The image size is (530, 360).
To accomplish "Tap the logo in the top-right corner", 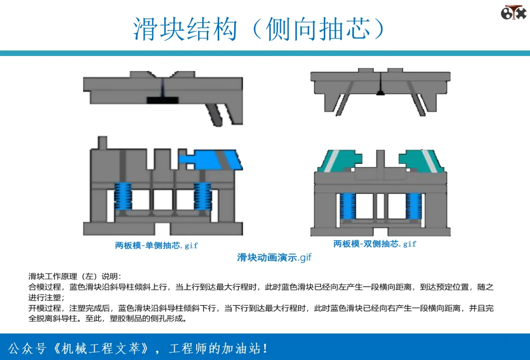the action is pyautogui.click(x=513, y=12).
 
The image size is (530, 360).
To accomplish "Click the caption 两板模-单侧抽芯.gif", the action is pyautogui.click(x=157, y=245).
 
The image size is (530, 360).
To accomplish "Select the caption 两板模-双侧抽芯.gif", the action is pyautogui.click(x=375, y=244).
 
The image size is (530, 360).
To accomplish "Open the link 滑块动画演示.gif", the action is pyautogui.click(x=274, y=257).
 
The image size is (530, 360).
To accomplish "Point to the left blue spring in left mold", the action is pyautogui.click(x=123, y=196).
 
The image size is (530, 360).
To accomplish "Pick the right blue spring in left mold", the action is pyautogui.click(x=203, y=196).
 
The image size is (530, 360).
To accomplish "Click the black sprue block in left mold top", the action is pyautogui.click(x=163, y=100).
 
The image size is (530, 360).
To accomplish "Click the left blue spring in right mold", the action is pyautogui.click(x=347, y=206).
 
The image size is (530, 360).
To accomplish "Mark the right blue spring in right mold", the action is pyautogui.click(x=414, y=206).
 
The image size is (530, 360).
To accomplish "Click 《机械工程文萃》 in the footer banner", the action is pyautogui.click(x=101, y=348).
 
